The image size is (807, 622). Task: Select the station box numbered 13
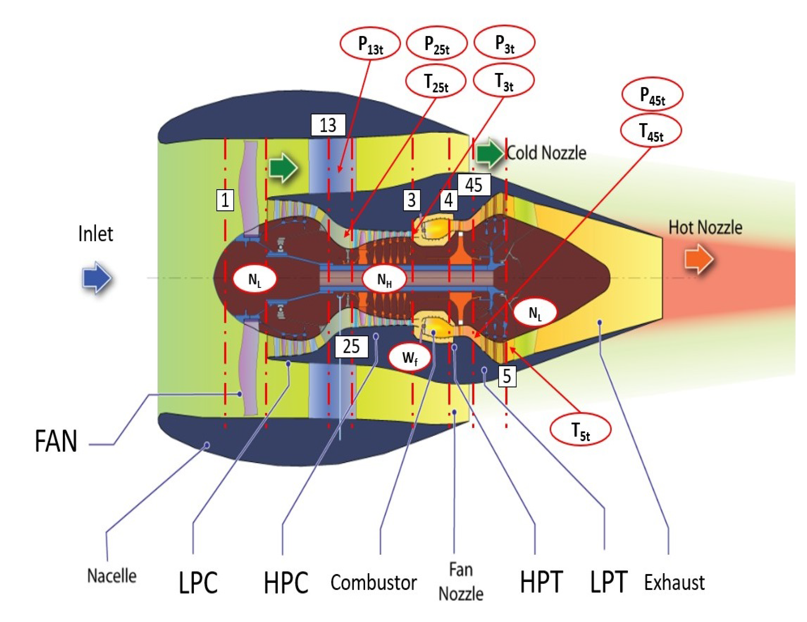tap(328, 125)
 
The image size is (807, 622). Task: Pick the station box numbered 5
tap(507, 376)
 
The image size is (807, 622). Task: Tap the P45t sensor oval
tap(652, 95)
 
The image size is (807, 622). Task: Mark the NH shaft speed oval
tap(384, 280)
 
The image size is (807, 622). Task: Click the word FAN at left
tap(56, 441)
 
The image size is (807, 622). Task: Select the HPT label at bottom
tap(541, 583)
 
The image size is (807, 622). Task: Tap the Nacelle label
tap(112, 576)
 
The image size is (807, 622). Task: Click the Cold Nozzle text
tap(546, 153)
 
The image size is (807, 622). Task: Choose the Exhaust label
tap(674, 583)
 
